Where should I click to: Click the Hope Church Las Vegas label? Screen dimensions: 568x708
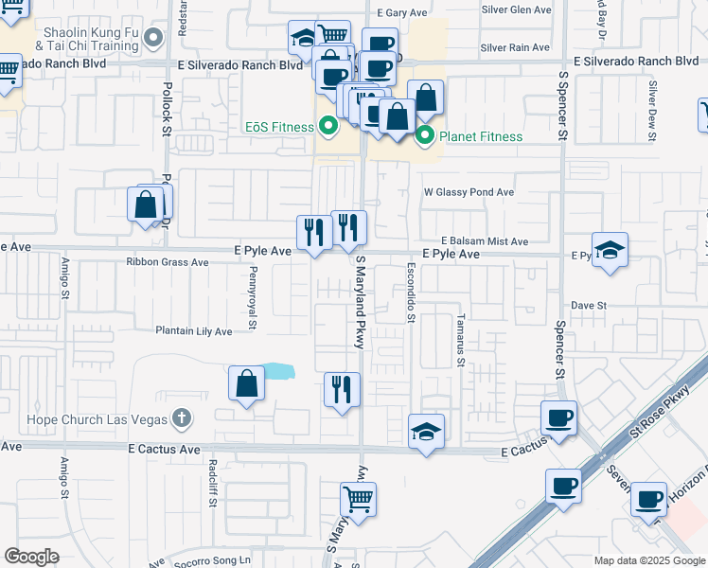click(110, 419)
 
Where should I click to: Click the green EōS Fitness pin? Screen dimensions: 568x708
click(328, 124)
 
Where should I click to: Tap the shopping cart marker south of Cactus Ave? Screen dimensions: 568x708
click(358, 499)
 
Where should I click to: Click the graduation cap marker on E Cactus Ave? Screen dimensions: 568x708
click(426, 432)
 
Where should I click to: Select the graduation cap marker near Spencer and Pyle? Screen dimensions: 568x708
click(611, 250)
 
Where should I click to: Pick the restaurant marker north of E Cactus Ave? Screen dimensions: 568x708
click(341, 389)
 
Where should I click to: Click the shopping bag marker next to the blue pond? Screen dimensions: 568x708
click(246, 383)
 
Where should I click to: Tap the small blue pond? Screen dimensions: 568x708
click(278, 371)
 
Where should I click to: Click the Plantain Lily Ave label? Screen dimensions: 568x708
click(193, 331)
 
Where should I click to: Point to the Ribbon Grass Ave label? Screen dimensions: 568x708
click(167, 262)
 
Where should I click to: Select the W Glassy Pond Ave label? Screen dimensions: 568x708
click(468, 192)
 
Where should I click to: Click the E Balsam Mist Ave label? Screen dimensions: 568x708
click(483, 241)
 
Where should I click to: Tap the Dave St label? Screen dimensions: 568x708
click(588, 306)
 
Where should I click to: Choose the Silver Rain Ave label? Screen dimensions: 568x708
click(514, 47)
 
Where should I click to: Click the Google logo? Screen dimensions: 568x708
click(32, 557)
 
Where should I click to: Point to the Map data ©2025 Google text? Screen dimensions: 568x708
click(649, 560)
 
